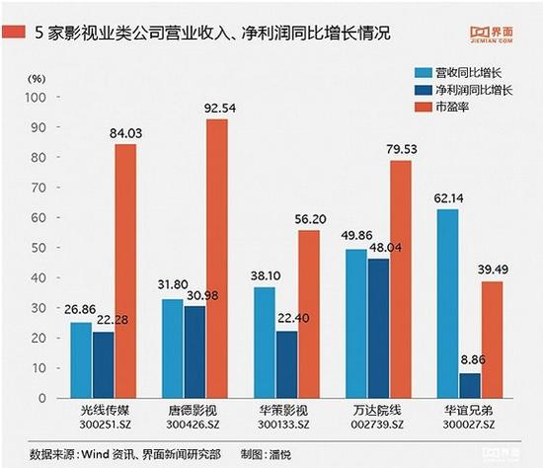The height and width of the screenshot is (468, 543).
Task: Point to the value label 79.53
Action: [x=401, y=150]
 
